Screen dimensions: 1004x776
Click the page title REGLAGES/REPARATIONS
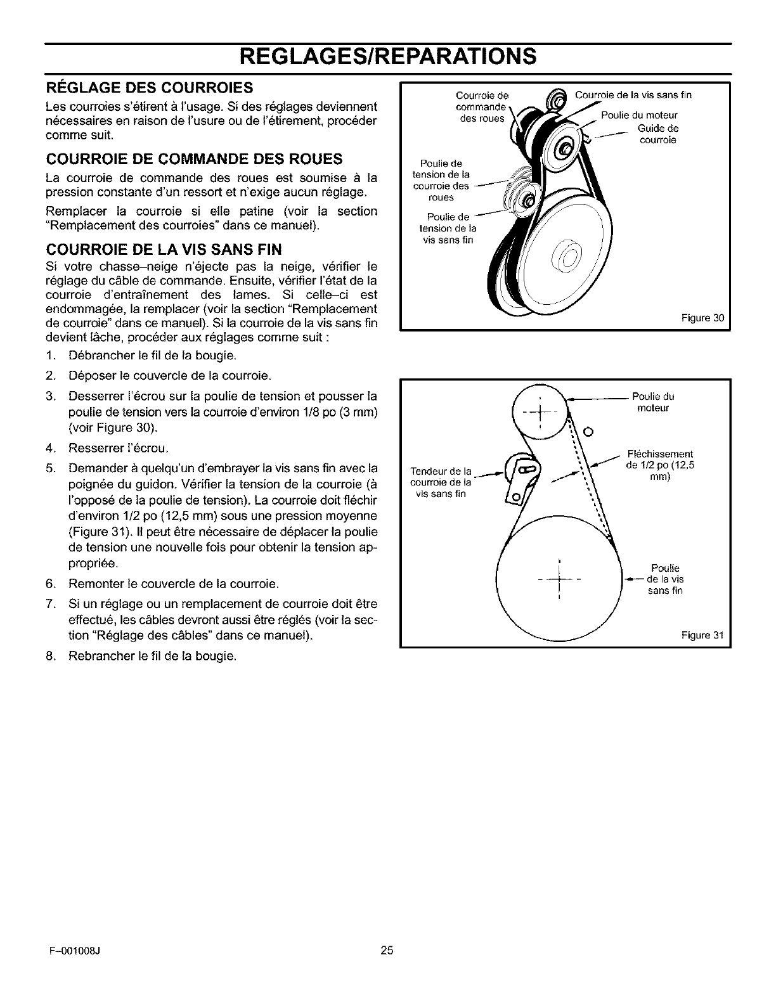click(388, 56)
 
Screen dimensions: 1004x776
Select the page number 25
click(387, 968)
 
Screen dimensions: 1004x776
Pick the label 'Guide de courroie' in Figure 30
click(658, 134)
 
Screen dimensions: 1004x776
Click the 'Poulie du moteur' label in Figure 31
click(653, 402)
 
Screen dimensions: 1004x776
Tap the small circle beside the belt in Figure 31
click(588, 432)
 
